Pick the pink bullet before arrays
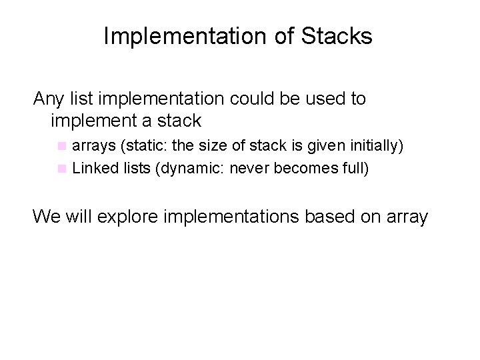(62, 145)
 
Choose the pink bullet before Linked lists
(62, 168)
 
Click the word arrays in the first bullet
(93, 145)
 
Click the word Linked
(92, 168)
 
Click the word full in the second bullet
(351, 168)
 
